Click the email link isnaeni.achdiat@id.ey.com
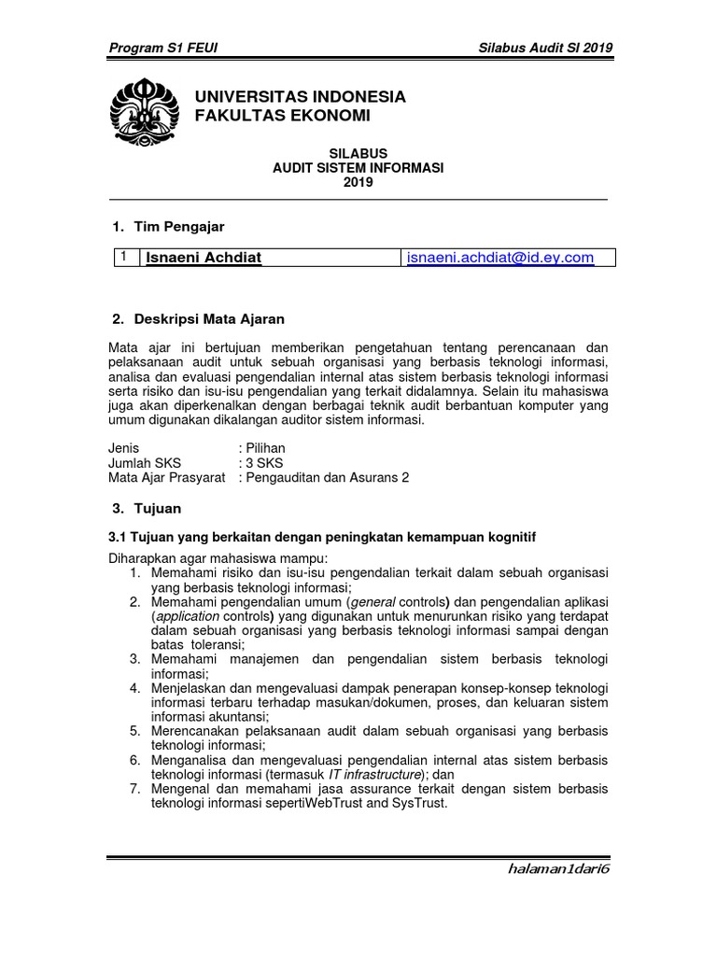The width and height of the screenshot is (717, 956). tap(500, 258)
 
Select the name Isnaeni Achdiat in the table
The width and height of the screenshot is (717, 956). tap(202, 259)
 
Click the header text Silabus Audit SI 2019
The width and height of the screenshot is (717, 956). tap(545, 48)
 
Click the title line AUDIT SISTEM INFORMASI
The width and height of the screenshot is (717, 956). tap(358, 168)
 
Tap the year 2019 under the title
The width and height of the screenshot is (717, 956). tap(358, 183)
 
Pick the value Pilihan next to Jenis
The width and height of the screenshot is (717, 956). tap(265, 448)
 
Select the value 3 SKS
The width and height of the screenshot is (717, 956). tap(264, 463)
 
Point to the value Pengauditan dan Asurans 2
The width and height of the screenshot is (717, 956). tap(328, 478)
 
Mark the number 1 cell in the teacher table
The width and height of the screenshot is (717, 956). tap(121, 257)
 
